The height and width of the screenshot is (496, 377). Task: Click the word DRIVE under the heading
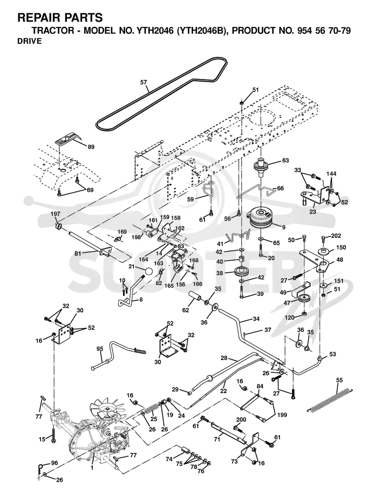pos(29,41)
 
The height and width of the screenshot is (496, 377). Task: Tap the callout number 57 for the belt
pos(144,82)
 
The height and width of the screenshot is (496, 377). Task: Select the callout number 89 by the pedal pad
pos(90,147)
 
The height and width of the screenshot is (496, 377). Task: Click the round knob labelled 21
pos(149,271)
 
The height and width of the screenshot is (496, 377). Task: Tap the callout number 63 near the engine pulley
pos(285,161)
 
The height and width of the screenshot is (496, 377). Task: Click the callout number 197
pos(55,214)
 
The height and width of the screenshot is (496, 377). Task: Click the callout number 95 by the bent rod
pos(100,349)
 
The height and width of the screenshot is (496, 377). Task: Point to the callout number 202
pos(336,236)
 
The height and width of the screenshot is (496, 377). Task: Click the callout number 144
pos(331,174)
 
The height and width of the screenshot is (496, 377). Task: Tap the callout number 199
pos(282,415)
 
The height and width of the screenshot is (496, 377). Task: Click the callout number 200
pos(241,420)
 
